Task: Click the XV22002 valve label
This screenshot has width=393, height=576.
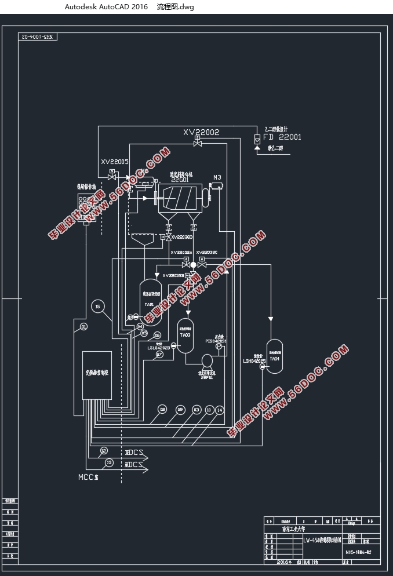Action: coord(201,132)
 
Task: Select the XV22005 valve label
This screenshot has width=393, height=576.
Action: coord(115,162)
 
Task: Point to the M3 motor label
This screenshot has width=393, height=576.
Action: coord(217,177)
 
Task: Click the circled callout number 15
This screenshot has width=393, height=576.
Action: coord(97,307)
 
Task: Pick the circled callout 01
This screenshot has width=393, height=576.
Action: coord(84,327)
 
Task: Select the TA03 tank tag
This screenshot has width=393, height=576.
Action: coord(185,335)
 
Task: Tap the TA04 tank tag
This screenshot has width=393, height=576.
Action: coord(275,359)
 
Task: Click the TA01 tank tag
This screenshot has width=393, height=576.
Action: coord(149,304)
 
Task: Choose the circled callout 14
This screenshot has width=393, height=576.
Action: coord(219,410)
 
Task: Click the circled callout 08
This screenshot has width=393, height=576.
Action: coord(162,410)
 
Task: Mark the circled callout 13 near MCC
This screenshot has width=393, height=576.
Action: coord(108,462)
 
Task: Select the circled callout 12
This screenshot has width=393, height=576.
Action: coord(103,450)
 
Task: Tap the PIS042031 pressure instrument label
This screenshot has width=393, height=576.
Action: coord(216,341)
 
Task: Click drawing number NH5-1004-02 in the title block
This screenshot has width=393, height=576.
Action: coord(358,553)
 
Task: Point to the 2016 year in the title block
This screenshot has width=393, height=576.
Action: coord(283,562)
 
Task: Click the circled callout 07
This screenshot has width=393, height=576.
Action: coord(159,354)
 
